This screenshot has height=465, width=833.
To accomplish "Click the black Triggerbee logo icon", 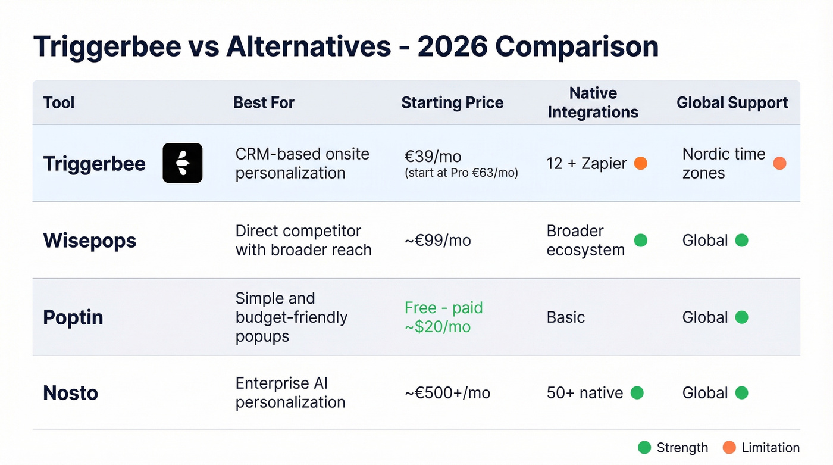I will [182, 163].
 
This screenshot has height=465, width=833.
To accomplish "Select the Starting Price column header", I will [452, 102].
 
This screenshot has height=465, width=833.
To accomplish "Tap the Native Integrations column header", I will [593, 102].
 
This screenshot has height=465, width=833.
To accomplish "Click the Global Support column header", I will [732, 102].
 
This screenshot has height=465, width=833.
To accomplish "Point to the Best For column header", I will [264, 102].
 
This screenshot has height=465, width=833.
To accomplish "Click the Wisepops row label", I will [90, 241].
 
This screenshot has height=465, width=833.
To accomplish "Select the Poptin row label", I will [73, 317].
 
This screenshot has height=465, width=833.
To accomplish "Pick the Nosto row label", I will [70, 393].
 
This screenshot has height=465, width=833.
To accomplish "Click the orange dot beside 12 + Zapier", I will [641, 163].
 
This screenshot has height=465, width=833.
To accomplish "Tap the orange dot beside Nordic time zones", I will [779, 163].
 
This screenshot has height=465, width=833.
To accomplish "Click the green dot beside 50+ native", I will [637, 393].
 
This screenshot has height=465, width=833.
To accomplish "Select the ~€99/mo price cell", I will [437, 241].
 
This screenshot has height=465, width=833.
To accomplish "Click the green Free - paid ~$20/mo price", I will [443, 317].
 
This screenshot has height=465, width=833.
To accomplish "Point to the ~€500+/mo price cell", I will [447, 393].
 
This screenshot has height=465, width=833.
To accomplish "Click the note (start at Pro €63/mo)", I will [461, 174].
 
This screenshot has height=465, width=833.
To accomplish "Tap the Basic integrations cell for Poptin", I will [565, 317].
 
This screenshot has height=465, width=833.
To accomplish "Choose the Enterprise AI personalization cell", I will [290, 393].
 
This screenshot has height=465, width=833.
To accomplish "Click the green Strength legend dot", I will [644, 448].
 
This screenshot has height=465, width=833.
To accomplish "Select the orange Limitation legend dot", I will [729, 448].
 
